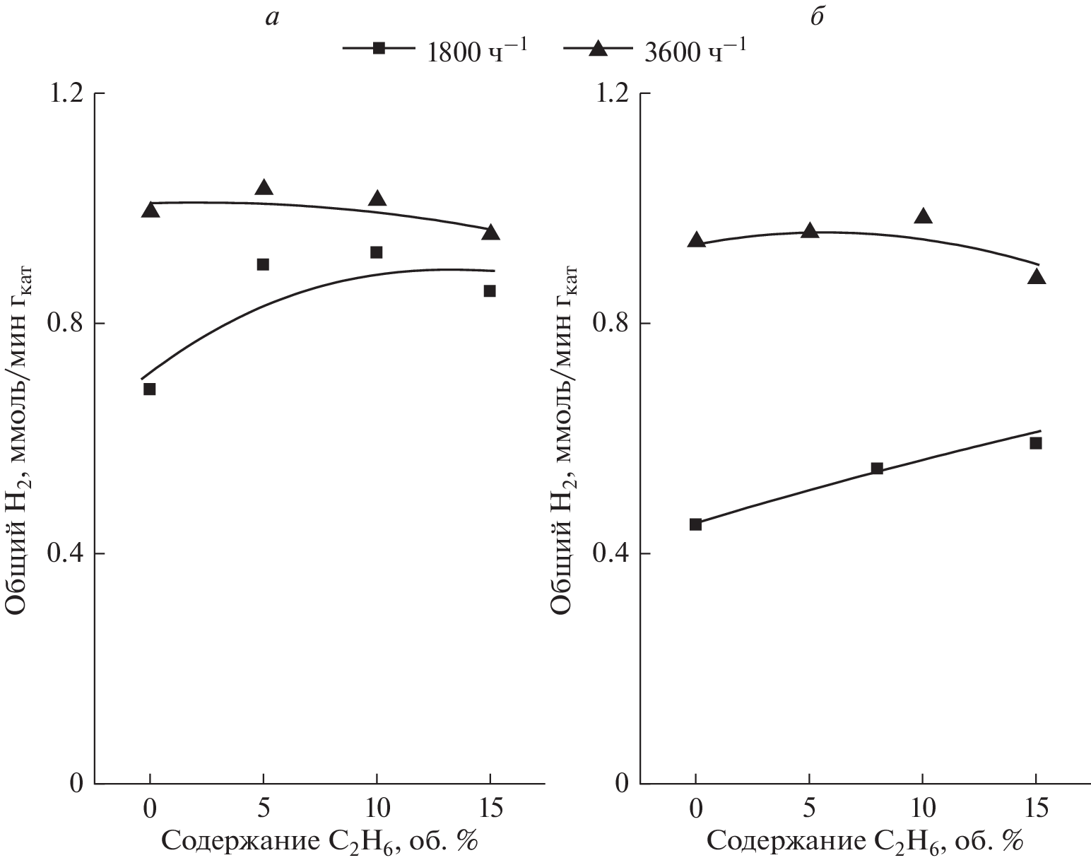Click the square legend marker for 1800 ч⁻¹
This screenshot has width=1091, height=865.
tap(379, 48)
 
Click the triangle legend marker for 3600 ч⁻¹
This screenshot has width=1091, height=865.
tap(598, 47)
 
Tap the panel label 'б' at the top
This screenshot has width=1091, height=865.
tap(817, 17)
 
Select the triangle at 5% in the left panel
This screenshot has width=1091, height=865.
tap(264, 187)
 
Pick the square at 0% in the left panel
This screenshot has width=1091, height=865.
tap(150, 389)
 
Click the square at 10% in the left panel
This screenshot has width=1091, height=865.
tap(377, 252)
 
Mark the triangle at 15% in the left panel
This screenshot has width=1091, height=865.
tap(490, 233)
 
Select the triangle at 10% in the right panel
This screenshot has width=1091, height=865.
tap(923, 216)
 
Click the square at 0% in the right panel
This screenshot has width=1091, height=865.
tap(695, 524)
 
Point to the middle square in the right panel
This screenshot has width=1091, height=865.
tap(877, 468)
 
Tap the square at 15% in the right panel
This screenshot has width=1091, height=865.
tap(1036, 443)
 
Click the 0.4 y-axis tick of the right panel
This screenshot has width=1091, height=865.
tap(614, 553)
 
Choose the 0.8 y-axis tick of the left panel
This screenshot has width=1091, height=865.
tap(68, 324)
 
